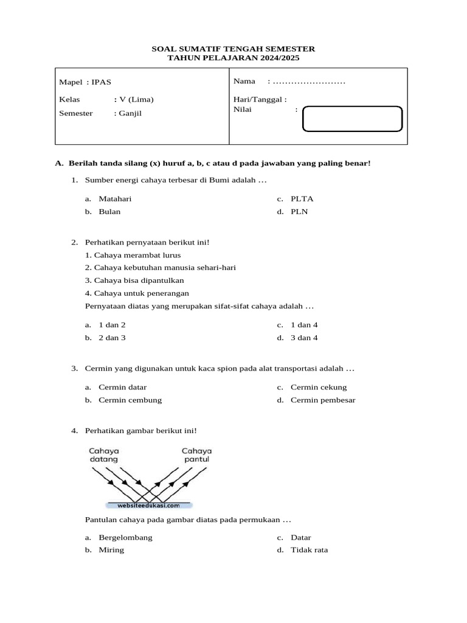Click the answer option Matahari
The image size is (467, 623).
[115, 198]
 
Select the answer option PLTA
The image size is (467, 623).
[302, 198]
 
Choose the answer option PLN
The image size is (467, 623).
[299, 212]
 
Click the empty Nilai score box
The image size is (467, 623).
[352, 119]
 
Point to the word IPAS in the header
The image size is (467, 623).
[101, 82]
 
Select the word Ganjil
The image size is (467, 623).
[131, 113]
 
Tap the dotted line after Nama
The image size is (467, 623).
[309, 82]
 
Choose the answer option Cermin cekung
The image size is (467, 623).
[319, 387]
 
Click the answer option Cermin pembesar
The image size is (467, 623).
[323, 400]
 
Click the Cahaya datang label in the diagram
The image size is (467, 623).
[104, 455]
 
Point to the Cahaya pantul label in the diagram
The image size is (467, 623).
[195, 455]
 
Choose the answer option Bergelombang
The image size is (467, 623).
[125, 538]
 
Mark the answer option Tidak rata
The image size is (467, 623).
[309, 550]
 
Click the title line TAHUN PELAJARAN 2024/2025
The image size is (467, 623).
[233, 58]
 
